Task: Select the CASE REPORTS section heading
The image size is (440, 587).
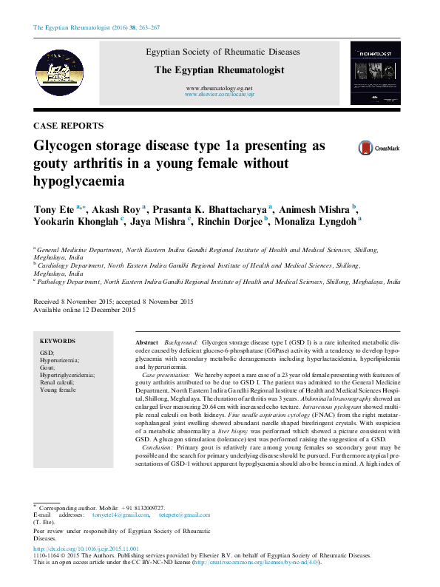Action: click(x=69, y=126)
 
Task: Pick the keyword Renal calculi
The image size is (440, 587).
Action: click(x=58, y=383)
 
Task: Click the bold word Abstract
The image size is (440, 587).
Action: click(x=147, y=344)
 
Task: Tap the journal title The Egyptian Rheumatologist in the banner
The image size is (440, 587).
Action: click(x=219, y=69)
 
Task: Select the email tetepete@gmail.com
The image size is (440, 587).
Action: click(x=184, y=515)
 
